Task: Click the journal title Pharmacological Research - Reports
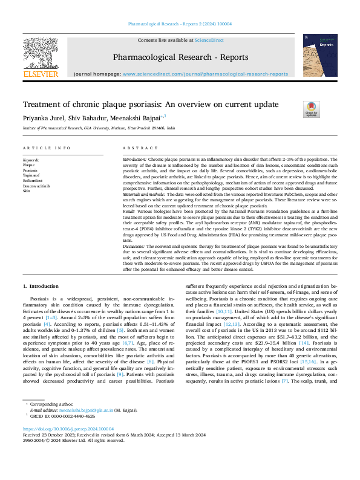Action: coord(180,57)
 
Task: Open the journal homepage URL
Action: coord(205,74)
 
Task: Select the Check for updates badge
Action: coord(310,109)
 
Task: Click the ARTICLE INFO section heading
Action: coord(46,148)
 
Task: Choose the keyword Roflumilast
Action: coord(33,180)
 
